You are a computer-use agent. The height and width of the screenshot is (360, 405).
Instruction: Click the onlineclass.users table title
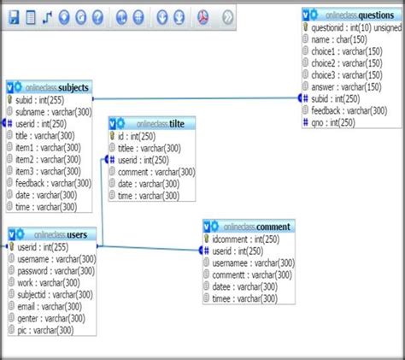(x=60, y=234)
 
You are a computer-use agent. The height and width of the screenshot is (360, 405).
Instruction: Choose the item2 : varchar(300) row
(x=50, y=159)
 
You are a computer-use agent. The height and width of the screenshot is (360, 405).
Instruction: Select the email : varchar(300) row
(x=50, y=306)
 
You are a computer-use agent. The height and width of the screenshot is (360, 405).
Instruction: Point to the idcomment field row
(x=248, y=239)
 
